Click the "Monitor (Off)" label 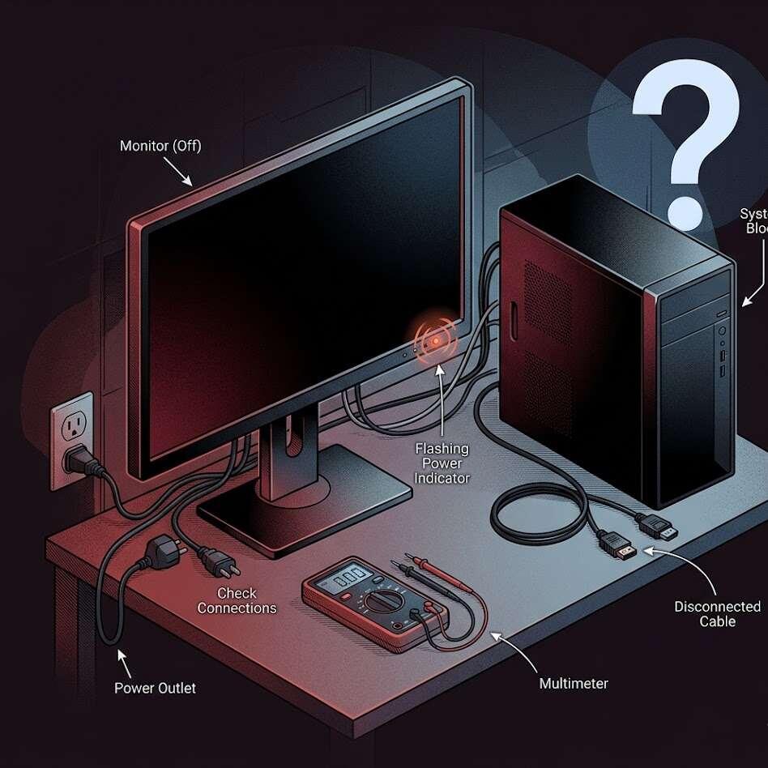(160, 147)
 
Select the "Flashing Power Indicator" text (442, 463)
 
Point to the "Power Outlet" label (155, 688)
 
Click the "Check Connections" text (237, 601)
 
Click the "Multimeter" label (574, 684)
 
